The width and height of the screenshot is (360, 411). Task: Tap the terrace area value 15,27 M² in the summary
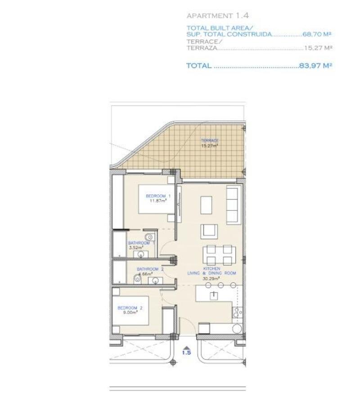click(x=319, y=48)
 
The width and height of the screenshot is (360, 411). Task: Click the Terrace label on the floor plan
click(x=210, y=141)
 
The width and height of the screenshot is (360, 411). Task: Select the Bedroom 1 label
click(x=158, y=196)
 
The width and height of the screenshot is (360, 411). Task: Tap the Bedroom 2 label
click(x=130, y=308)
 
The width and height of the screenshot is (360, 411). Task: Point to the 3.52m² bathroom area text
click(x=136, y=247)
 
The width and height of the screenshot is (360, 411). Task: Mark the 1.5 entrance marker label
click(x=186, y=353)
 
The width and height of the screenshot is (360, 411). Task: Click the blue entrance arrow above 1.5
click(x=186, y=346)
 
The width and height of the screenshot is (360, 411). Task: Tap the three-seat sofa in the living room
click(x=232, y=205)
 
